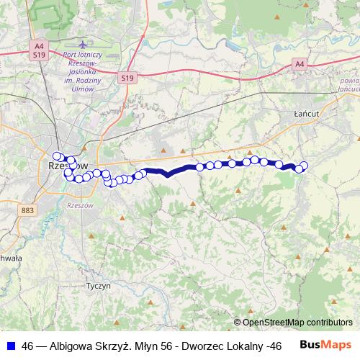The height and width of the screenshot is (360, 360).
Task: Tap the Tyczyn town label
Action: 98,285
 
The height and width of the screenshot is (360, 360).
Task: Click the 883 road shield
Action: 28,210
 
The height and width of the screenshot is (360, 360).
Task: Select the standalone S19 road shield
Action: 128,78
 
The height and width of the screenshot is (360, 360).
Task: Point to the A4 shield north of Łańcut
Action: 300,65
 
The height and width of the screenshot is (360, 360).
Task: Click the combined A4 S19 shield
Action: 39,50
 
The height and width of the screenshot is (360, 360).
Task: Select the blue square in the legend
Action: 10,346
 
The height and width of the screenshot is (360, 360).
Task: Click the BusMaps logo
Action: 326,346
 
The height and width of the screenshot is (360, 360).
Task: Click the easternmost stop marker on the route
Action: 304,166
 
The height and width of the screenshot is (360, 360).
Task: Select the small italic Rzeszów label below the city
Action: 79,205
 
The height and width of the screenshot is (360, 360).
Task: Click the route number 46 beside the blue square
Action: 28,346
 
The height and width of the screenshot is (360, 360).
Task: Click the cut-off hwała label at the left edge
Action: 10,257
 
